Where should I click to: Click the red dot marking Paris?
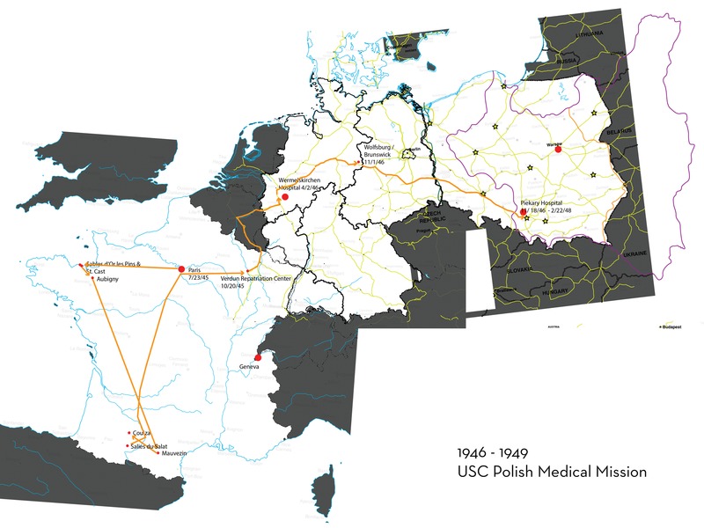point(181,268)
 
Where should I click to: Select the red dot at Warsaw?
point(558,150)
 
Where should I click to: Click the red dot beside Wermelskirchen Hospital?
point(283,197)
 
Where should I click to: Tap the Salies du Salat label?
point(151,445)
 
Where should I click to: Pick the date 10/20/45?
point(233,286)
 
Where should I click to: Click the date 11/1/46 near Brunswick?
point(380,164)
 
